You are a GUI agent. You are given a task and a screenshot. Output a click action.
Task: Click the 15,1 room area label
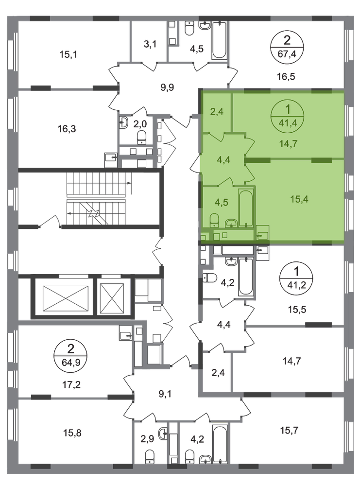point(68,54)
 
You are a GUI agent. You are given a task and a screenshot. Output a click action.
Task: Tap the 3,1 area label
point(150,44)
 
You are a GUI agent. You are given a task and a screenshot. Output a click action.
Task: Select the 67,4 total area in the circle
point(287,54)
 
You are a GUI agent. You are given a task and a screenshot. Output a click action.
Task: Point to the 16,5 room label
point(286,76)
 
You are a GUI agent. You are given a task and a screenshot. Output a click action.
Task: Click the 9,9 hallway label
point(167,87)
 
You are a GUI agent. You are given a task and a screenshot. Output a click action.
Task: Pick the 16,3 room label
point(67,128)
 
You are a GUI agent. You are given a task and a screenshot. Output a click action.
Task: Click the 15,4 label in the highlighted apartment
point(299,199)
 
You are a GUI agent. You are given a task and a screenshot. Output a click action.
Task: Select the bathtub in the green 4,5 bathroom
point(246,208)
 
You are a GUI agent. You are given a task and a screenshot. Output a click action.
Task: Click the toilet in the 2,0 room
point(142,137)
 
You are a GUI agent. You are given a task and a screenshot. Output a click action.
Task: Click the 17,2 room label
point(71,384)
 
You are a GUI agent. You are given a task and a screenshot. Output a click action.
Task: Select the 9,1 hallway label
point(165,394)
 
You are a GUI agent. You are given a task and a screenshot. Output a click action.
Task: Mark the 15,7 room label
point(290,430)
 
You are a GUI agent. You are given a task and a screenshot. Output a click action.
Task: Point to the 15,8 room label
point(72,433)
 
